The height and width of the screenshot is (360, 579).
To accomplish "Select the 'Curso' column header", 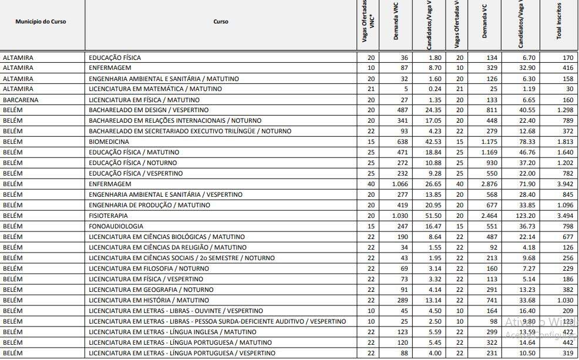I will pos(221,22).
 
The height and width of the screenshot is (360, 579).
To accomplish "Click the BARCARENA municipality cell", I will pos(21,100).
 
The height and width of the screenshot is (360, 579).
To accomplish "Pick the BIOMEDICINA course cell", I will pos(109,142).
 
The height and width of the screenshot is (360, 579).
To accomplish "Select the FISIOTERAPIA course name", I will pos(108,216).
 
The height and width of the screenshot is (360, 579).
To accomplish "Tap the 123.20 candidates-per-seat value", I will pos(524,216).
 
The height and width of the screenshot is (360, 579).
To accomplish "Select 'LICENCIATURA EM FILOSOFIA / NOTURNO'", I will pos(149,269).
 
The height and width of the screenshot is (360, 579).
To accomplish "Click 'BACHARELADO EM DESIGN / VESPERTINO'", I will pos(149,110).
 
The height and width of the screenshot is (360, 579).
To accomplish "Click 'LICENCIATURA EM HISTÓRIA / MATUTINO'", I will pos(149,301).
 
